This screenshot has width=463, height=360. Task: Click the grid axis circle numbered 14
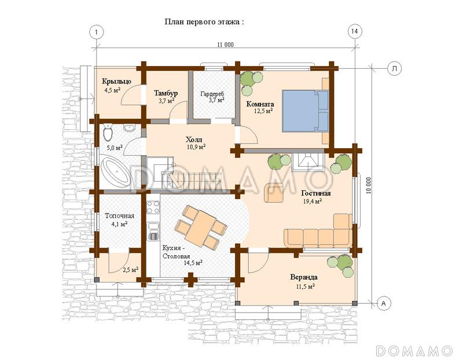tap(354, 32)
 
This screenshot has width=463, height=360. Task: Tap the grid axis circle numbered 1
tap(96, 32)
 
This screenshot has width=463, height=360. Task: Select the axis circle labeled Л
tap(395, 68)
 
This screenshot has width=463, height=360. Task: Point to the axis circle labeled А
tap(384, 303)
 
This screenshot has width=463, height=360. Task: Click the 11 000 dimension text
tap(225, 45)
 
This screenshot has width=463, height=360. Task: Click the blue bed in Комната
tap(306, 111)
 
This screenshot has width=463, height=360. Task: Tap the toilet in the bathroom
tap(108, 133)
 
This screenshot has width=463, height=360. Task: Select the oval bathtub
tap(115, 172)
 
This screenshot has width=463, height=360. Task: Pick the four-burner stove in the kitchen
tap(153, 207)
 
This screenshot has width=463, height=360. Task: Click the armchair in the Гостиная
tap(274, 193)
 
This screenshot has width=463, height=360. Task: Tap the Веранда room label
tap(304, 277)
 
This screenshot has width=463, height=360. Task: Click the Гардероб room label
tap(212, 94)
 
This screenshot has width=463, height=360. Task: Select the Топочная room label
tap(120, 216)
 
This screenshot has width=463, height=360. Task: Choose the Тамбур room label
tap(166, 93)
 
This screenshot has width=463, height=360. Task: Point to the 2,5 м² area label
tap(131, 270)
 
